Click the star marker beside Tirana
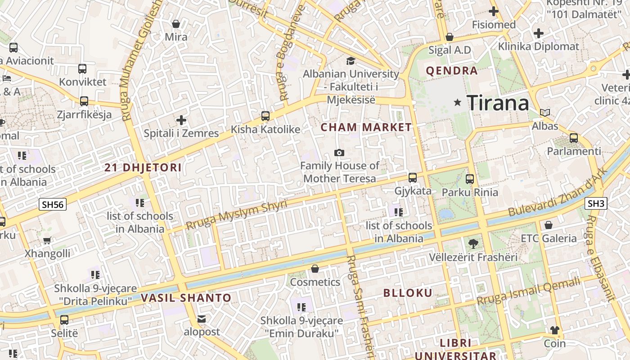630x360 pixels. click(458, 103)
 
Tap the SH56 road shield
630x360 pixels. click(53, 205)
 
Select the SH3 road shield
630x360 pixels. click(596, 203)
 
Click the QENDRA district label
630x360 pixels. click(451, 71)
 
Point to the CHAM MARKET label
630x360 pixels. click(366, 127)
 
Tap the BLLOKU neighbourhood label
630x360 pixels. click(408, 293)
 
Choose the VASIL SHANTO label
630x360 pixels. click(186, 298)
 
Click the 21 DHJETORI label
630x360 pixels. click(143, 168)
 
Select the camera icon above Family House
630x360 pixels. click(339, 153)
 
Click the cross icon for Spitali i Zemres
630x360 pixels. click(181, 120)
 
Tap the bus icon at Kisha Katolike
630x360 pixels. click(265, 116)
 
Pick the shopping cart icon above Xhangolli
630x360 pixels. click(47, 240)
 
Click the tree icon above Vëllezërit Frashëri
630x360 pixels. click(473, 244)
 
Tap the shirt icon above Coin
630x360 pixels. click(555, 330)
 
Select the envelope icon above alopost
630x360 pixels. click(202, 319)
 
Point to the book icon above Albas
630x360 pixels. click(545, 112)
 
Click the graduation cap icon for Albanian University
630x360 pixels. click(351, 61)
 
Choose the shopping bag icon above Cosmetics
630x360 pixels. click(315, 269)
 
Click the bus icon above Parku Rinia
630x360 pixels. click(470, 179)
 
